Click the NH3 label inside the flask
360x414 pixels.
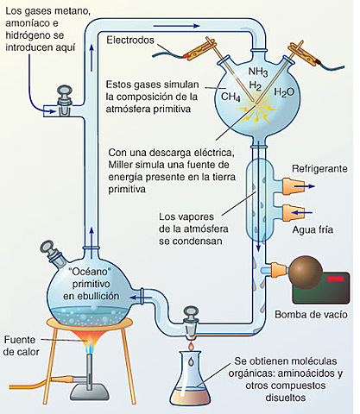[257, 71]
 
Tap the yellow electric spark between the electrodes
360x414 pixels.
[260, 106]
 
